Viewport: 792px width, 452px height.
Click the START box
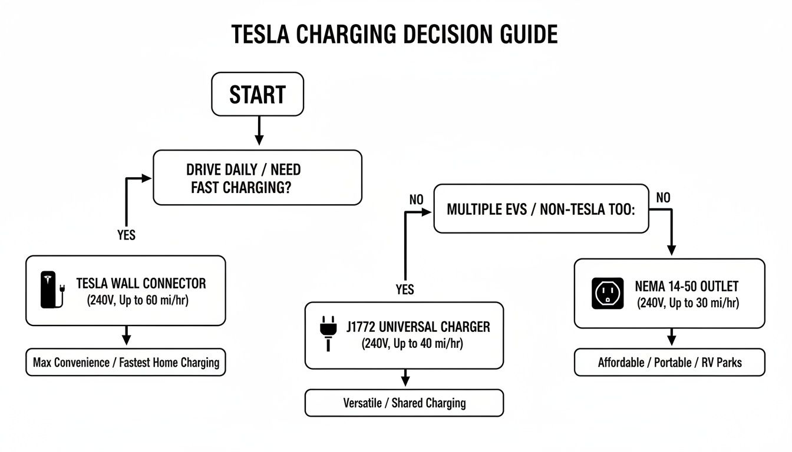click(x=257, y=94)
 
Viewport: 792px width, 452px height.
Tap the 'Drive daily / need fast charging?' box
click(x=258, y=178)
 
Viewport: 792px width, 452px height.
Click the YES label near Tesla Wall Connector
click(x=126, y=235)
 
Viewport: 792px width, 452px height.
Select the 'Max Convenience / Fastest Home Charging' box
click(x=126, y=363)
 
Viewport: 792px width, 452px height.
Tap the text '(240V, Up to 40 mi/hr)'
click(x=412, y=344)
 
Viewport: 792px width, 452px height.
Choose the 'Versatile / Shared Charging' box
click(x=404, y=403)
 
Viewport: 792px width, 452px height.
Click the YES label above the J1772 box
click(x=404, y=290)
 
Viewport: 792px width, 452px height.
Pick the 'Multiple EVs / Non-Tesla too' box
click(x=541, y=210)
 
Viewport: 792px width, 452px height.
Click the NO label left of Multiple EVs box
click(x=416, y=200)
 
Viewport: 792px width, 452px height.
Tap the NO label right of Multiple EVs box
click(x=663, y=198)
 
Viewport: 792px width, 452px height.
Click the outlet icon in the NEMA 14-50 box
click(x=606, y=293)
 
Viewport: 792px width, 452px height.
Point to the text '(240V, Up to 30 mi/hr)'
click(x=687, y=303)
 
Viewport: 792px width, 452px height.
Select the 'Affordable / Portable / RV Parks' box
click(x=669, y=363)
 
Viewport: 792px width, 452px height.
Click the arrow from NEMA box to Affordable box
click(x=670, y=338)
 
